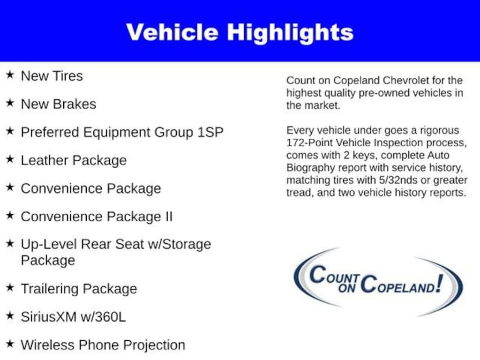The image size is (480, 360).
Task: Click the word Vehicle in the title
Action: click(172, 32)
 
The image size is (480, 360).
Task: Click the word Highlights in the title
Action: click(290, 32)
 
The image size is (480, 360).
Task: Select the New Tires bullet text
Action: click(52, 76)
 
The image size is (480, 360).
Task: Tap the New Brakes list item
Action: click(58, 104)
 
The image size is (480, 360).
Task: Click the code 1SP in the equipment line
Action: click(210, 132)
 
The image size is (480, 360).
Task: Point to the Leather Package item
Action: click(74, 160)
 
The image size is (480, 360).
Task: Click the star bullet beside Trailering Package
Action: click(10, 288)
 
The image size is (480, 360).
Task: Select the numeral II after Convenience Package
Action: click(168, 217)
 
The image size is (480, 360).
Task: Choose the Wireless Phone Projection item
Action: click(103, 345)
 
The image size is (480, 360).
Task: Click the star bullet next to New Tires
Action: click(10, 75)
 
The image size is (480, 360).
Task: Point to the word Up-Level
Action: click(49, 244)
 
